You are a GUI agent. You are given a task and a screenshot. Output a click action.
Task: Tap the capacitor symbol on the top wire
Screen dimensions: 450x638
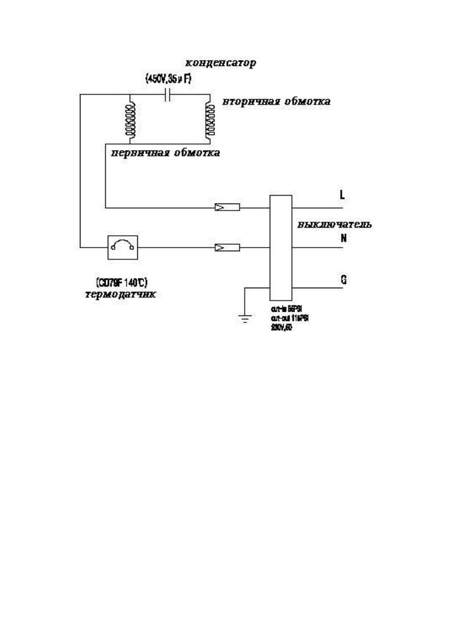(x=168, y=95)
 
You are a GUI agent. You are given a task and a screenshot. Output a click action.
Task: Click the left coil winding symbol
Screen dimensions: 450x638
(x=130, y=119)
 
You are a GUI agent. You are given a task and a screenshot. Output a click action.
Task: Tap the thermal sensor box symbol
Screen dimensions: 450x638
(x=124, y=247)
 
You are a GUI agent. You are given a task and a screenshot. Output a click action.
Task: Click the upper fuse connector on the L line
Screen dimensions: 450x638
(x=227, y=208)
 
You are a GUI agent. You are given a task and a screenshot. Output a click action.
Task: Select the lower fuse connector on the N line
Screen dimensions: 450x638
(x=227, y=247)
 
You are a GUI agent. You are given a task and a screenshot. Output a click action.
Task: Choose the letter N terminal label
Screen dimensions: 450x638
(x=342, y=238)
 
